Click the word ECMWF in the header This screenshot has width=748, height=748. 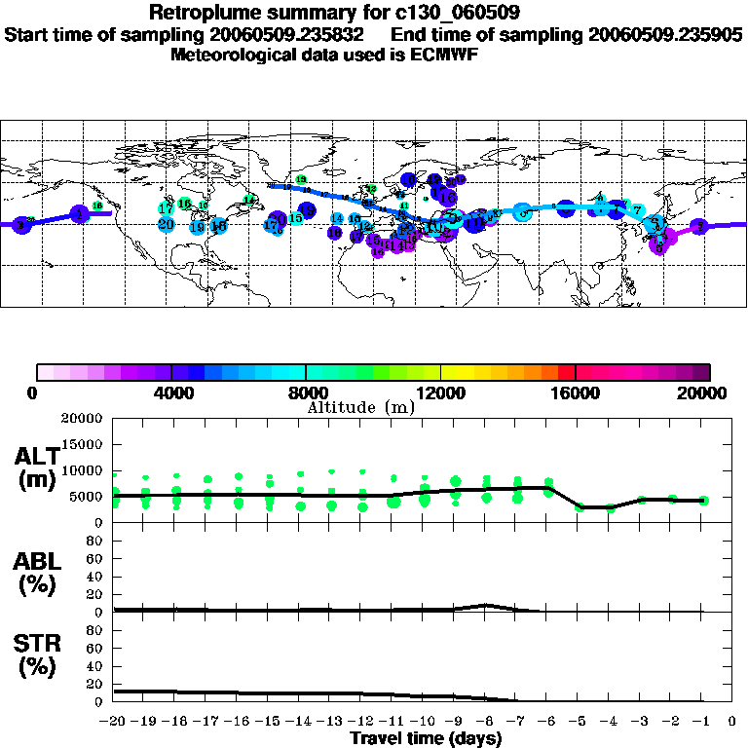445,55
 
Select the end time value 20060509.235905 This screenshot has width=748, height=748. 666,34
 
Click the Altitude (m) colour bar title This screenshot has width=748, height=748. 360,407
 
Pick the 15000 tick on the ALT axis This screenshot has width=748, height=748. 82,444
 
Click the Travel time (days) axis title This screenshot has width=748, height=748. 425,738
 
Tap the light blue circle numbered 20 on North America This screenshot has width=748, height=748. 166,224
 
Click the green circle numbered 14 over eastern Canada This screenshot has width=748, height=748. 248,201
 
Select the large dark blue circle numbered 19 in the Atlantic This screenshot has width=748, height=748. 307,209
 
